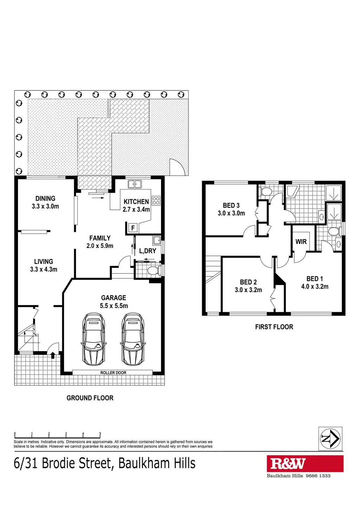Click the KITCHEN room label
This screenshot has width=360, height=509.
(x=136, y=202)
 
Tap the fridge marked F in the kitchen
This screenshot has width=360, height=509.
(x=133, y=228)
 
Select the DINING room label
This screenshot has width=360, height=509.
(x=45, y=199)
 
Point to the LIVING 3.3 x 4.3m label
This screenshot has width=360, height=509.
(x=44, y=265)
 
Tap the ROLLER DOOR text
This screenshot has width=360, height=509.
(x=113, y=373)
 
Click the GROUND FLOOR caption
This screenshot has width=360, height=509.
(x=90, y=398)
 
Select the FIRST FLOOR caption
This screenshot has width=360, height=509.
(x=274, y=327)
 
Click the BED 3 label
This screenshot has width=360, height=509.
(x=231, y=206)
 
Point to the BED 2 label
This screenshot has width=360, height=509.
(x=248, y=282)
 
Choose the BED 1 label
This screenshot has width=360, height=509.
(x=314, y=279)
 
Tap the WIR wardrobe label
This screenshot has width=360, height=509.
(x=301, y=242)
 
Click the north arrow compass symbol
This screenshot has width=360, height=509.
(x=330, y=439)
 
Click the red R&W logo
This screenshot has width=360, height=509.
(x=305, y=464)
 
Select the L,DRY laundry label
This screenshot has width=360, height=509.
(x=148, y=251)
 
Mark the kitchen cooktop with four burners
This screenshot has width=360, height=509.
(x=156, y=201)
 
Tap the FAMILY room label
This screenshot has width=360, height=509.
(x=100, y=238)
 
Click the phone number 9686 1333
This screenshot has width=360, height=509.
(x=318, y=476)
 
